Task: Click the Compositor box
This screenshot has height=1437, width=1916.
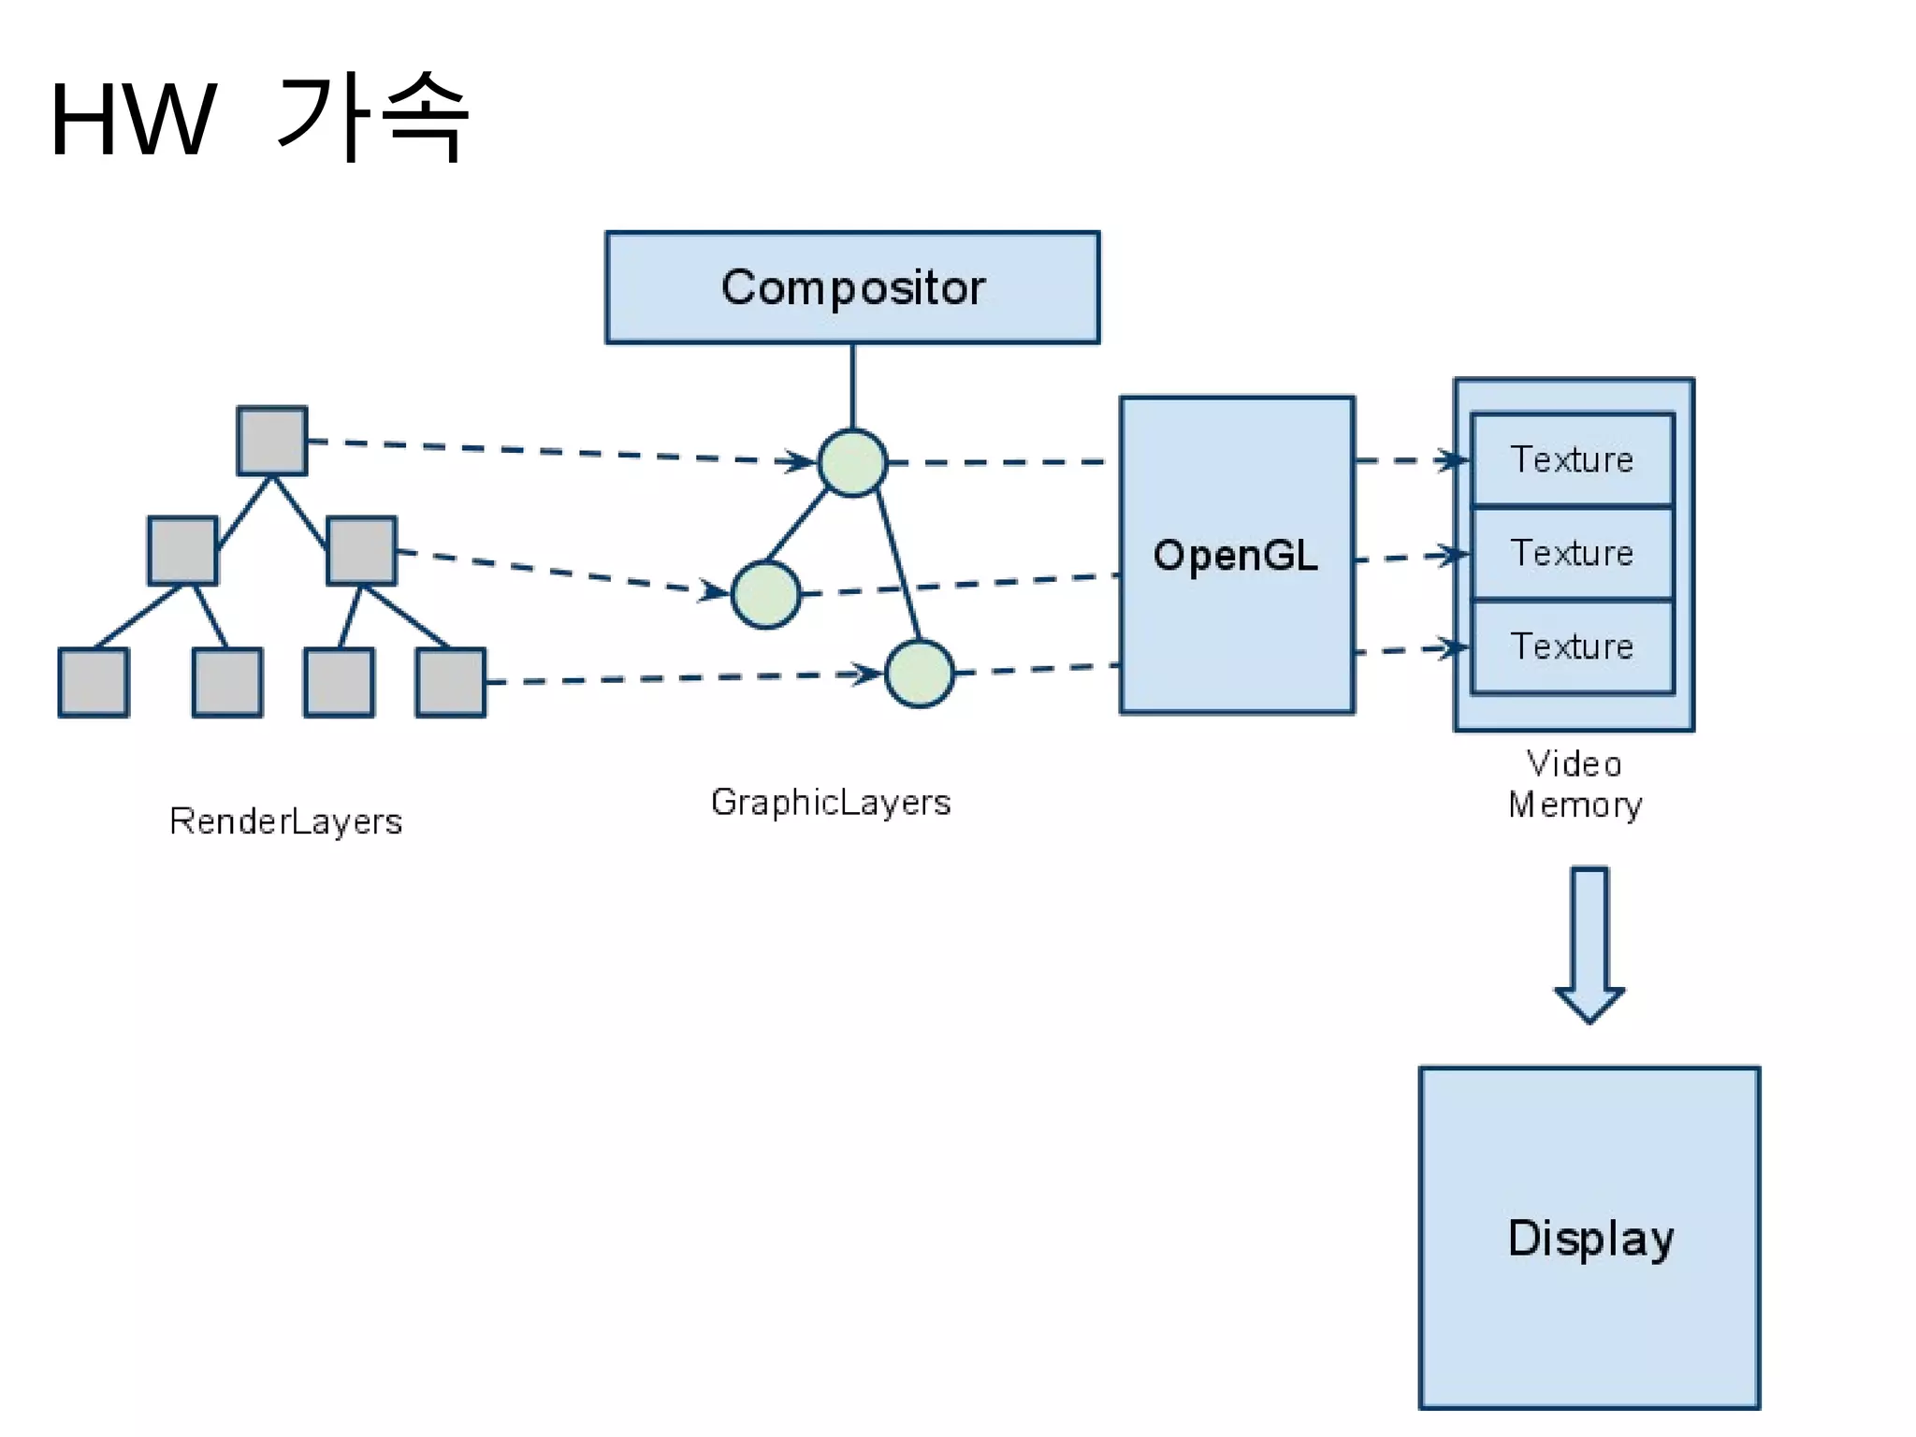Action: pos(852,287)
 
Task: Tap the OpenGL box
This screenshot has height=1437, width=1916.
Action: pos(1237,555)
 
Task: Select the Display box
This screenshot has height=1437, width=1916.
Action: pos(1589,1237)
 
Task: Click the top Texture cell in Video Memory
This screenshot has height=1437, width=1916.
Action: pos(1573,459)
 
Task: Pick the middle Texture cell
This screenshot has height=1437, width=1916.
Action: pos(1573,553)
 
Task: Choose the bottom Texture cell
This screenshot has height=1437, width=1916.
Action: pos(1573,646)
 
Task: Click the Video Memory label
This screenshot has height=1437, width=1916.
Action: pos(1575,784)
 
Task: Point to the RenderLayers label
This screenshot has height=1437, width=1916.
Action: pos(285,821)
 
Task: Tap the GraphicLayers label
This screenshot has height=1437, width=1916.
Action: pos(831,803)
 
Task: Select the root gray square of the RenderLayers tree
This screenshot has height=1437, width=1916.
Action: pos(272,441)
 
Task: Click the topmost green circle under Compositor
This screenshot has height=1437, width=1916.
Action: pos(852,462)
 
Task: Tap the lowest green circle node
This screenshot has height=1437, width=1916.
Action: pos(920,673)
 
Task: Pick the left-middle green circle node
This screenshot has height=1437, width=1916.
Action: pos(765,594)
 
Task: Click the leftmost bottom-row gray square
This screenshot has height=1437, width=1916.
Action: pos(94,682)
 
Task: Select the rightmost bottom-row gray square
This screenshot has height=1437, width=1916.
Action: pos(451,682)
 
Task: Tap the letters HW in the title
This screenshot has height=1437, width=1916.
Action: pos(133,120)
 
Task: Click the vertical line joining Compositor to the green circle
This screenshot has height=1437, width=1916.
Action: pos(852,385)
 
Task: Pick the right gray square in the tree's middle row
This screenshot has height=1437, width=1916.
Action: pos(362,551)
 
